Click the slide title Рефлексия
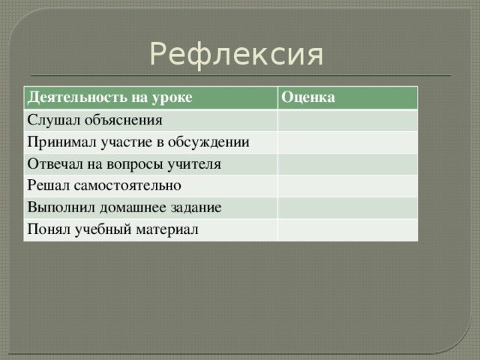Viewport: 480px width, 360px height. point(236,55)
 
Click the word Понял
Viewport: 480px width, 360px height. point(48,228)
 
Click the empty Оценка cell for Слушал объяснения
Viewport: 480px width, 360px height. point(347,119)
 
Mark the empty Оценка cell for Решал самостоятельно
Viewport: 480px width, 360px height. point(347,184)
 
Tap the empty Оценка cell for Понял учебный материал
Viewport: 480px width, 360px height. point(347,228)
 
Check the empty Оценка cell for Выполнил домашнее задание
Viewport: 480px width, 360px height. point(347,206)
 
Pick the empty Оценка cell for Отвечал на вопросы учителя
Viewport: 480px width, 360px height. point(347,163)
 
